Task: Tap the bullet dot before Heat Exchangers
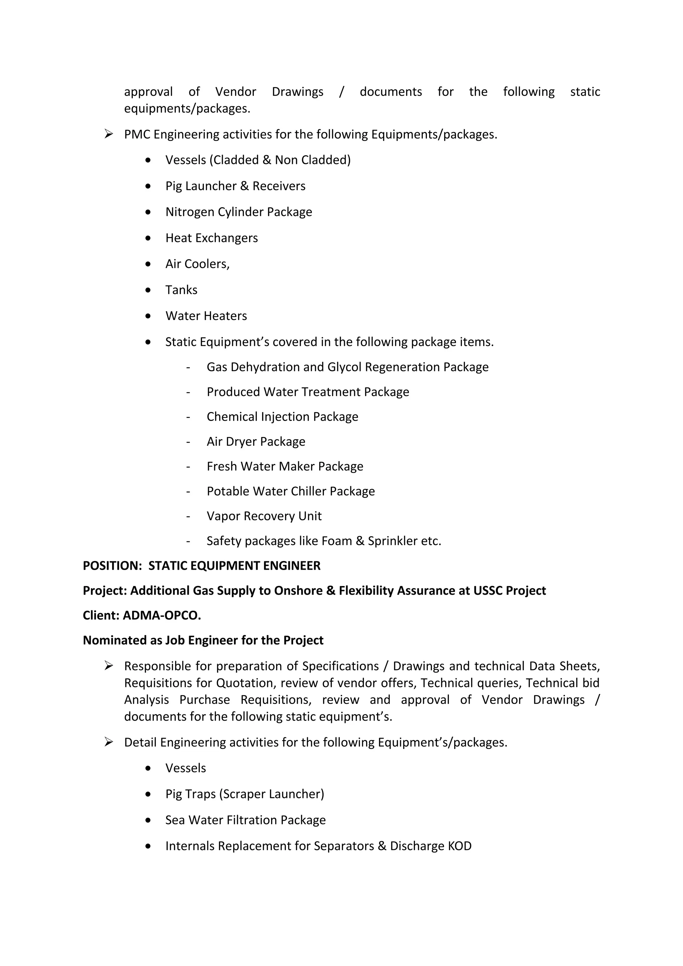click(x=148, y=238)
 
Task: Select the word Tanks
click(x=181, y=290)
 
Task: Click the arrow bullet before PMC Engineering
click(x=109, y=134)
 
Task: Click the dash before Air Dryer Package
click(x=188, y=442)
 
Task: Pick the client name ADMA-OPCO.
click(x=162, y=616)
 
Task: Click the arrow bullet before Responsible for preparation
click(x=109, y=666)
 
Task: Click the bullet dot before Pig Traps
click(x=148, y=794)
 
